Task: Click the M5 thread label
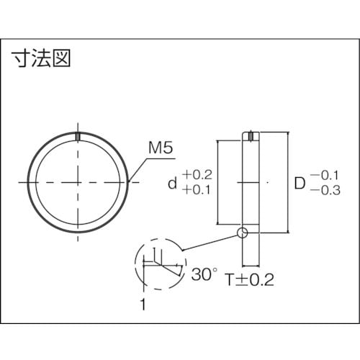point(160,149)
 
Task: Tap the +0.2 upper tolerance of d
point(197,175)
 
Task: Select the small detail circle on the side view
point(242,233)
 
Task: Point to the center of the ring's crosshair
point(77,184)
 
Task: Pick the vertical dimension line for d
point(217,183)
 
